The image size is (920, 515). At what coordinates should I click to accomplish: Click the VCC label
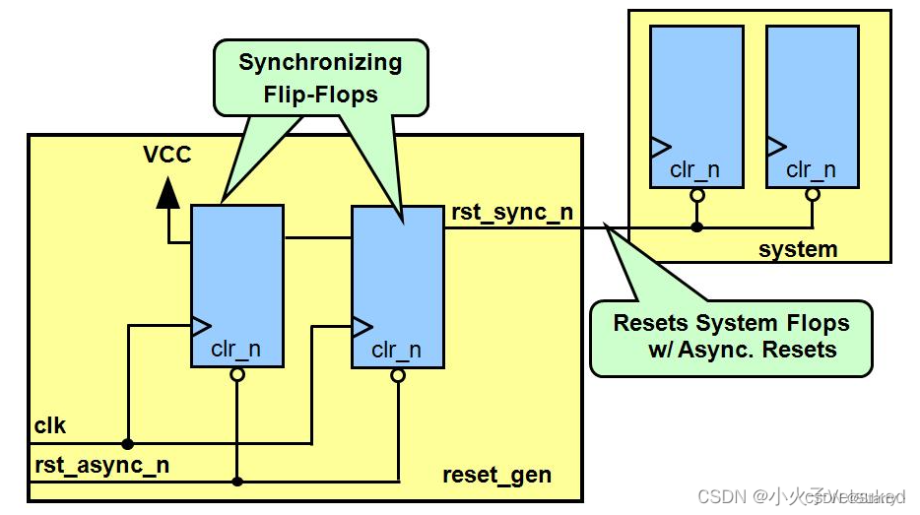166,155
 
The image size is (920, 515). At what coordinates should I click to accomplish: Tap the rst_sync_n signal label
512,212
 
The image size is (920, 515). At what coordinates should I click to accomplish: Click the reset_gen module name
496,476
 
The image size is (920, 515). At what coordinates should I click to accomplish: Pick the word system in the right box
798,249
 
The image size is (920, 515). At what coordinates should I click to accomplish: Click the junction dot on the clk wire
128,443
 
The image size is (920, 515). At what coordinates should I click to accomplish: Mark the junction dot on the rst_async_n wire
237,482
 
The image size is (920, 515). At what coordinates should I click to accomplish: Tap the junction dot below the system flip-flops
696,227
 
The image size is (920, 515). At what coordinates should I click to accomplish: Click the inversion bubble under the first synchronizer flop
237,374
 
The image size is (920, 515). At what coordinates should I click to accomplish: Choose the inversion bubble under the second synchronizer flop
398,375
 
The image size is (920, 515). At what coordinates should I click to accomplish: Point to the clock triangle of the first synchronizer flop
201,324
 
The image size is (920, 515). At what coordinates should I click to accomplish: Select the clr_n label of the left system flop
694,169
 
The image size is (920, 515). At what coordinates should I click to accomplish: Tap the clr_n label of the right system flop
811,169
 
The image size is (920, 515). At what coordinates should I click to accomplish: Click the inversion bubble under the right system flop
812,195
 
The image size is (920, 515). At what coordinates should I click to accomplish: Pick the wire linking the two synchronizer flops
318,237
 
